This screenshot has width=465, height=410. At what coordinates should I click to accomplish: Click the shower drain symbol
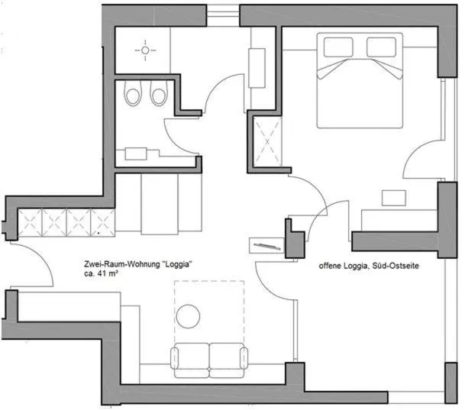pos(144,50)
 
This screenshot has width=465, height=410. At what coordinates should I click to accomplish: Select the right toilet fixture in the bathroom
pos(158,95)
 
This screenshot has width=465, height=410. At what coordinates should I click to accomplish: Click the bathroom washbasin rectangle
pos(138,153)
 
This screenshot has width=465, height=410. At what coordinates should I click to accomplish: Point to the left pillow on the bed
pos(338,48)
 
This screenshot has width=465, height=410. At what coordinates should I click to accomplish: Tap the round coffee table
pos(188,316)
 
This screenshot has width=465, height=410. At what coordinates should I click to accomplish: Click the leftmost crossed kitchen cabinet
pos(30,222)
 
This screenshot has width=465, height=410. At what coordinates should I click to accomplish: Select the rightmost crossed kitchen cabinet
pos(102,222)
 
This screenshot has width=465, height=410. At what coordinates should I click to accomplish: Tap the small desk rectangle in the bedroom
pos(393,197)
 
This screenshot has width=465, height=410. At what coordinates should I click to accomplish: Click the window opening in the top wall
pos(222,12)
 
